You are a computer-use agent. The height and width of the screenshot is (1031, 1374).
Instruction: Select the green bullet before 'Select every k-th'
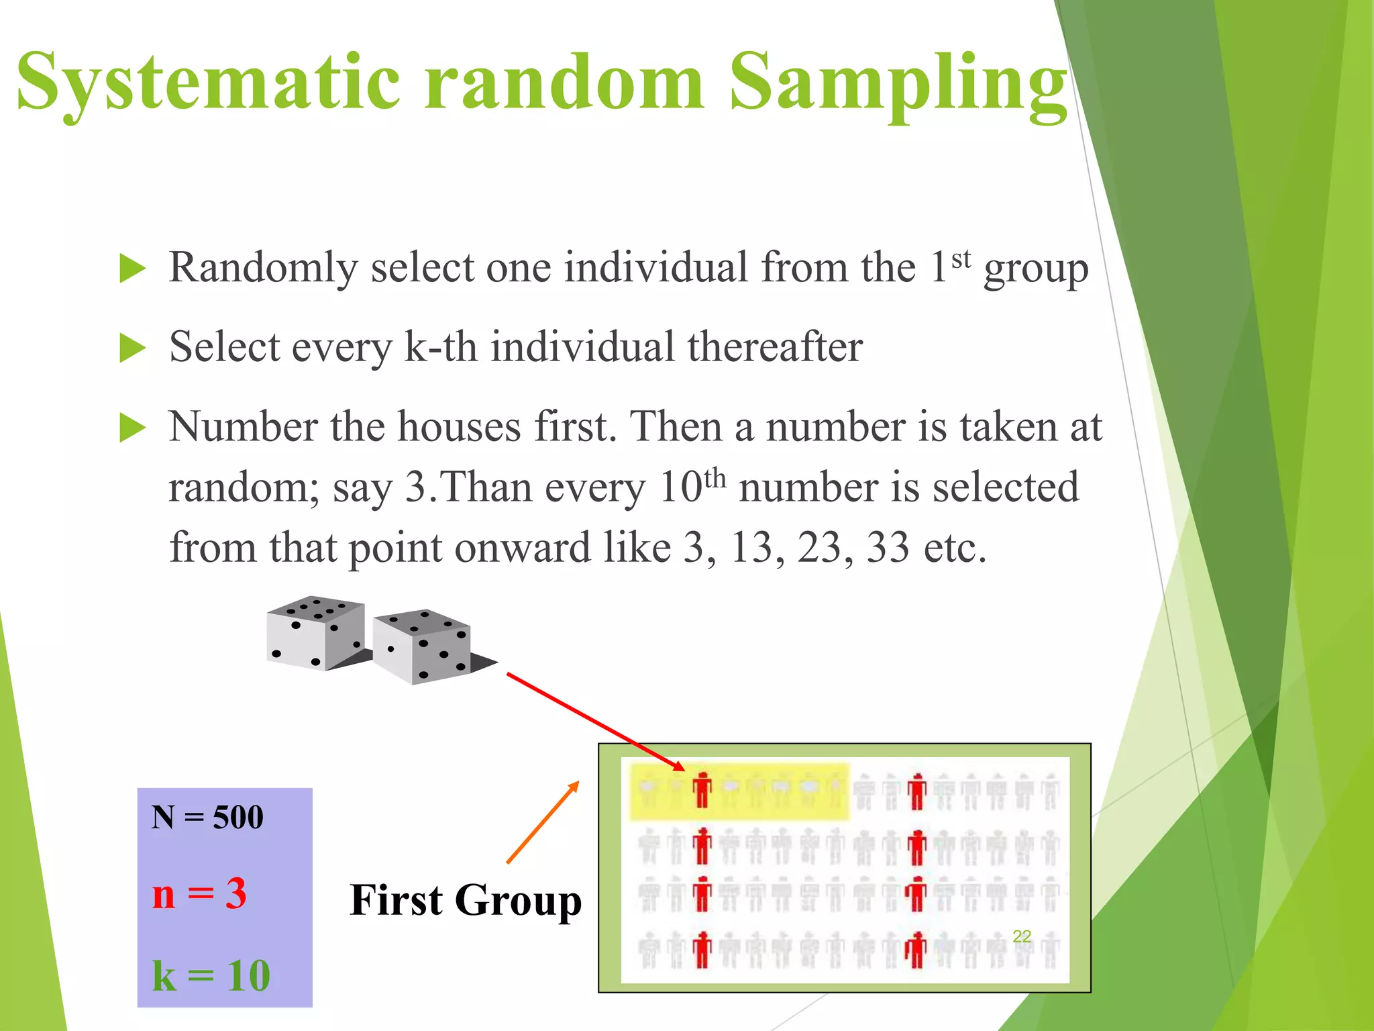tap(132, 348)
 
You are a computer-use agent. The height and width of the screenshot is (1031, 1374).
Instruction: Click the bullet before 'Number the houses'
tap(132, 428)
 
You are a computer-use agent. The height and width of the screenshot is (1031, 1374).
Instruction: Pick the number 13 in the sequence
tap(751, 548)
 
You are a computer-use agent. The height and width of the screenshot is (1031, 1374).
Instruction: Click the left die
tap(315, 633)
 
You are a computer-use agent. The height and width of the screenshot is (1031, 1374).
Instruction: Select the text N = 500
tap(207, 818)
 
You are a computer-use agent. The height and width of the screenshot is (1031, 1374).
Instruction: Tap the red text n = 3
tap(199, 894)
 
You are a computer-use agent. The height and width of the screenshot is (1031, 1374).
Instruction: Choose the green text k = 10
tap(211, 975)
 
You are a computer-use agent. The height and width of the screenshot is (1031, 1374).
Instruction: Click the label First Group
tap(466, 900)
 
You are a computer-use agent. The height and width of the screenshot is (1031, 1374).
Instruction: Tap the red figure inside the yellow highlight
tap(702, 790)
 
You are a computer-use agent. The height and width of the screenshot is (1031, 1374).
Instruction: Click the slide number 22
tap(1021, 936)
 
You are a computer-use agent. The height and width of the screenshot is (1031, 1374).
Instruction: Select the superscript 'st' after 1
tap(961, 258)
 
